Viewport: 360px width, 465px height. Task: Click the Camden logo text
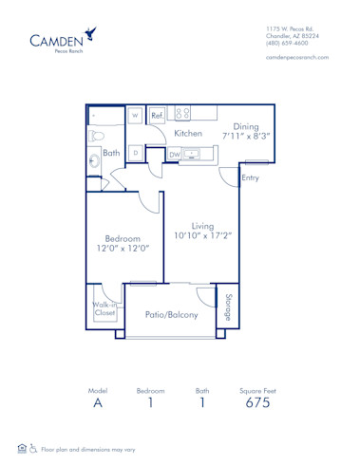click(x=56, y=41)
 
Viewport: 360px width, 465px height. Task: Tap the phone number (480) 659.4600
click(x=287, y=42)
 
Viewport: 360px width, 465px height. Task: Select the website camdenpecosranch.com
click(x=297, y=58)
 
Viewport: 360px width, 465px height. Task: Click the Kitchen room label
click(x=188, y=134)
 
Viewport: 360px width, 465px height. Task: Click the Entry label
click(x=251, y=177)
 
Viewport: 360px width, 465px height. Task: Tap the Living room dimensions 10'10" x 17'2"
click(x=202, y=234)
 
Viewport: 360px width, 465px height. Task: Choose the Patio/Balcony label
click(x=172, y=314)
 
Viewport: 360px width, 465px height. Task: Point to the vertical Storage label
click(x=228, y=306)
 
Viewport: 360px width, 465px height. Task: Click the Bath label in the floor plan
click(x=110, y=152)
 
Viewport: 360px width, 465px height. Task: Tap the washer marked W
click(x=135, y=116)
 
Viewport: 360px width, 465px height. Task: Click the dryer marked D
click(x=135, y=152)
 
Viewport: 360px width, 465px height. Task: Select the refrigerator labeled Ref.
click(x=157, y=115)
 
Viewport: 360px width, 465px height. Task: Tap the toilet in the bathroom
click(x=94, y=137)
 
